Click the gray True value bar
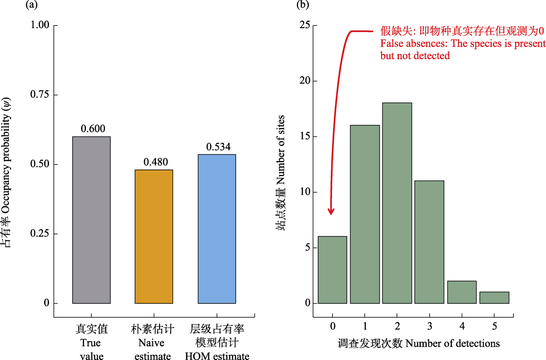pyautogui.click(x=91, y=220)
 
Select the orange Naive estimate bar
pyautogui.click(x=153, y=236)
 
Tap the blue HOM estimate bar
pyautogui.click(x=217, y=229)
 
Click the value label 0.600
pyautogui.click(x=93, y=129)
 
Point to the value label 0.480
pyautogui.click(x=155, y=162)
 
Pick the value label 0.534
pyautogui.click(x=218, y=147)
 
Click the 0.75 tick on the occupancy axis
pyautogui.click(x=39, y=95)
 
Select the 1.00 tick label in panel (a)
pyautogui.click(x=39, y=25)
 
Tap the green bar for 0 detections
pyautogui.click(x=333, y=270)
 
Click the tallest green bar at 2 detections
pyautogui.click(x=397, y=203)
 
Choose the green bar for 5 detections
pyautogui.click(x=494, y=298)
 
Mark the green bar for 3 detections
pyautogui.click(x=429, y=242)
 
